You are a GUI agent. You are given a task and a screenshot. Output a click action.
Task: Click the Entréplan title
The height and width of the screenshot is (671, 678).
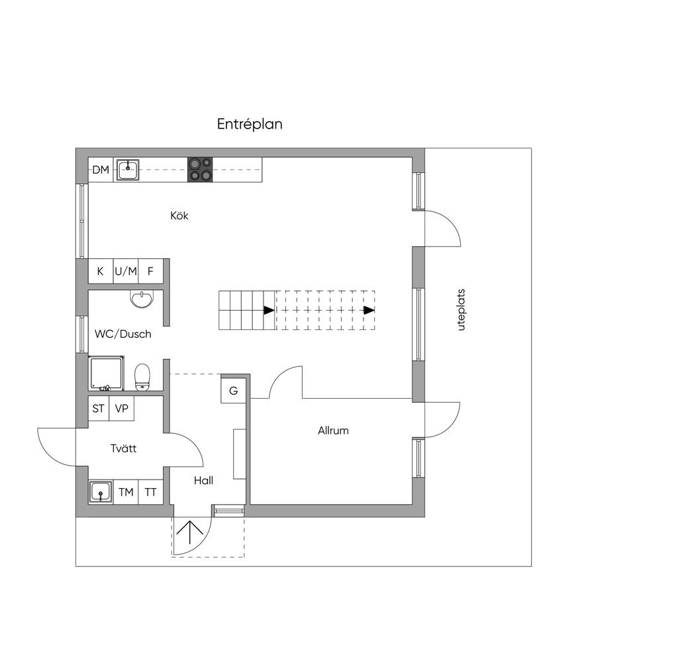pyautogui.click(x=250, y=124)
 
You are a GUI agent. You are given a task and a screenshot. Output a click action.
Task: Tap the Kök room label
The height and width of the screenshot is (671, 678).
pyautogui.click(x=179, y=215)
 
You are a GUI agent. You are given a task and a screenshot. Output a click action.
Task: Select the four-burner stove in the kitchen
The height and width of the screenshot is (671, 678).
pyautogui.click(x=200, y=169)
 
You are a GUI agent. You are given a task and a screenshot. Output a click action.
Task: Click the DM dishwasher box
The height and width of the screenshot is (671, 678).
pyautogui.click(x=101, y=170)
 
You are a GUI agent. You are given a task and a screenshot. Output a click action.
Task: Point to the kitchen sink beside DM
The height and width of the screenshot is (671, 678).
pyautogui.click(x=128, y=169)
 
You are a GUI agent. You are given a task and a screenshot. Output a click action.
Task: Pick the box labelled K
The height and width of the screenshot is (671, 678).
pyautogui.click(x=101, y=272)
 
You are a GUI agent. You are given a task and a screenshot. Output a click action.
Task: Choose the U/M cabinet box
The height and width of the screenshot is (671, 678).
pyautogui.click(x=126, y=272)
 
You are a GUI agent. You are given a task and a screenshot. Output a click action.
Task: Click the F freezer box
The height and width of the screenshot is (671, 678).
pyautogui.click(x=150, y=272)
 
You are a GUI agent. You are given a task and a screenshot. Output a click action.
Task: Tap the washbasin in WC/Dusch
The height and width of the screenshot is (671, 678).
pyautogui.click(x=142, y=299)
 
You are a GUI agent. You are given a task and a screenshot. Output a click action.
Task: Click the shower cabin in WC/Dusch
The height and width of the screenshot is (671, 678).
pyautogui.click(x=107, y=374)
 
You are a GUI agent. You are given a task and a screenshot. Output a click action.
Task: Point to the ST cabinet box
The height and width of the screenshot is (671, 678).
pyautogui.click(x=99, y=409)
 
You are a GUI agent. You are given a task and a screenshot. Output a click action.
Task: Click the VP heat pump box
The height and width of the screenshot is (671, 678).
pyautogui.click(x=122, y=409)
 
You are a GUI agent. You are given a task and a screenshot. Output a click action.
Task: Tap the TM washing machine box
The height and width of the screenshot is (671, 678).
pyautogui.click(x=126, y=492)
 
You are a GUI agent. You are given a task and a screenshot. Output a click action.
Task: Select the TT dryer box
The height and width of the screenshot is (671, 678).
pyautogui.click(x=150, y=492)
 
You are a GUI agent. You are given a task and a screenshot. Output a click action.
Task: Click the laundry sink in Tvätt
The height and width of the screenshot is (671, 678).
pyautogui.click(x=101, y=492)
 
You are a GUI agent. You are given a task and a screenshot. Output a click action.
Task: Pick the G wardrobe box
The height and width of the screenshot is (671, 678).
pyautogui.click(x=234, y=391)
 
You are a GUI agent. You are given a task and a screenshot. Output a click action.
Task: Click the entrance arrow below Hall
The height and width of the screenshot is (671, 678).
pyautogui.click(x=190, y=532)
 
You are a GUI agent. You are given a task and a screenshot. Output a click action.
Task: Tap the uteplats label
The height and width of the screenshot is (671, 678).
pyautogui.click(x=461, y=310)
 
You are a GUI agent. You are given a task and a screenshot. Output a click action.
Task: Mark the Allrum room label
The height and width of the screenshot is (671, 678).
pyautogui.click(x=333, y=431)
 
